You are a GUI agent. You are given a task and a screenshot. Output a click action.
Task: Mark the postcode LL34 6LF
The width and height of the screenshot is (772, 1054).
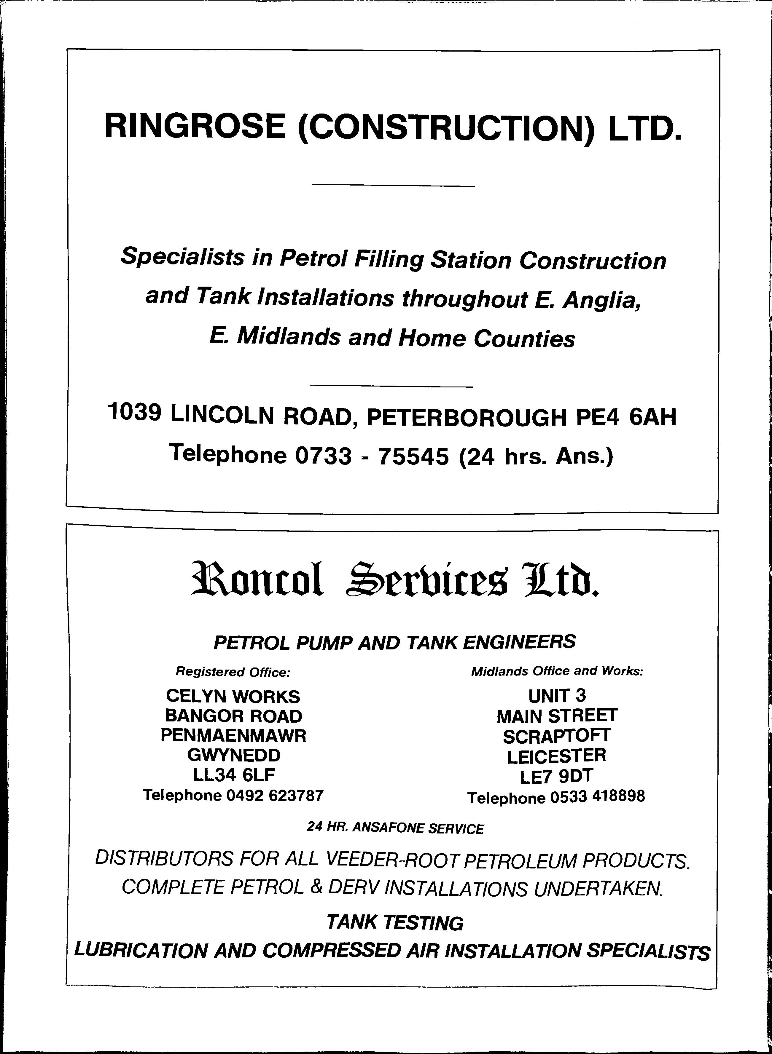tap(233, 775)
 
